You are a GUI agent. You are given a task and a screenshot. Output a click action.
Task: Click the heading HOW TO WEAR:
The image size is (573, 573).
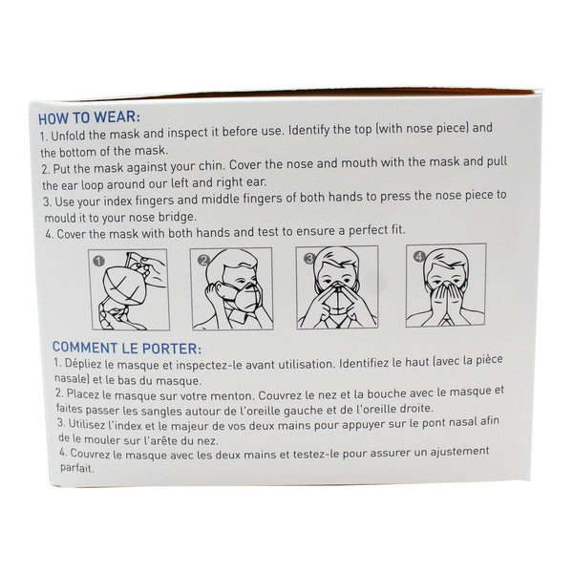(x=89, y=118)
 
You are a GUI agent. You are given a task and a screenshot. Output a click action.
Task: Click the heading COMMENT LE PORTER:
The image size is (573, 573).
(x=126, y=348)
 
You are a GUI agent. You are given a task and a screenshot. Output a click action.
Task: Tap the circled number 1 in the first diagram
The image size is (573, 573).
(x=99, y=261)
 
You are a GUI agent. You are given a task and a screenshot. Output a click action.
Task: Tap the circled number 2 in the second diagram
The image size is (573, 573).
(x=203, y=260)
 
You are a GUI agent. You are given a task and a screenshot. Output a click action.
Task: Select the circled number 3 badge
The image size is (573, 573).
(x=309, y=259)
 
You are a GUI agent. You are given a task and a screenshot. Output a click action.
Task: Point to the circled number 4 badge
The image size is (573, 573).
(x=419, y=257)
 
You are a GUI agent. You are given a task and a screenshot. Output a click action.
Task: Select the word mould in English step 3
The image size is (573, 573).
(x=56, y=218)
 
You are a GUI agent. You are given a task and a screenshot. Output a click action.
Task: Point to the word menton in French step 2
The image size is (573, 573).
(x=233, y=395)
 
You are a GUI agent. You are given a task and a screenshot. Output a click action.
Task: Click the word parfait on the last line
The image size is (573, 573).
(x=76, y=468)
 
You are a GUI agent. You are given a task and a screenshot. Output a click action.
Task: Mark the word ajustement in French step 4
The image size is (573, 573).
(x=459, y=452)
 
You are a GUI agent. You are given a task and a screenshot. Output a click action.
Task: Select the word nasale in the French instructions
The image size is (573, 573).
(x=72, y=379)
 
